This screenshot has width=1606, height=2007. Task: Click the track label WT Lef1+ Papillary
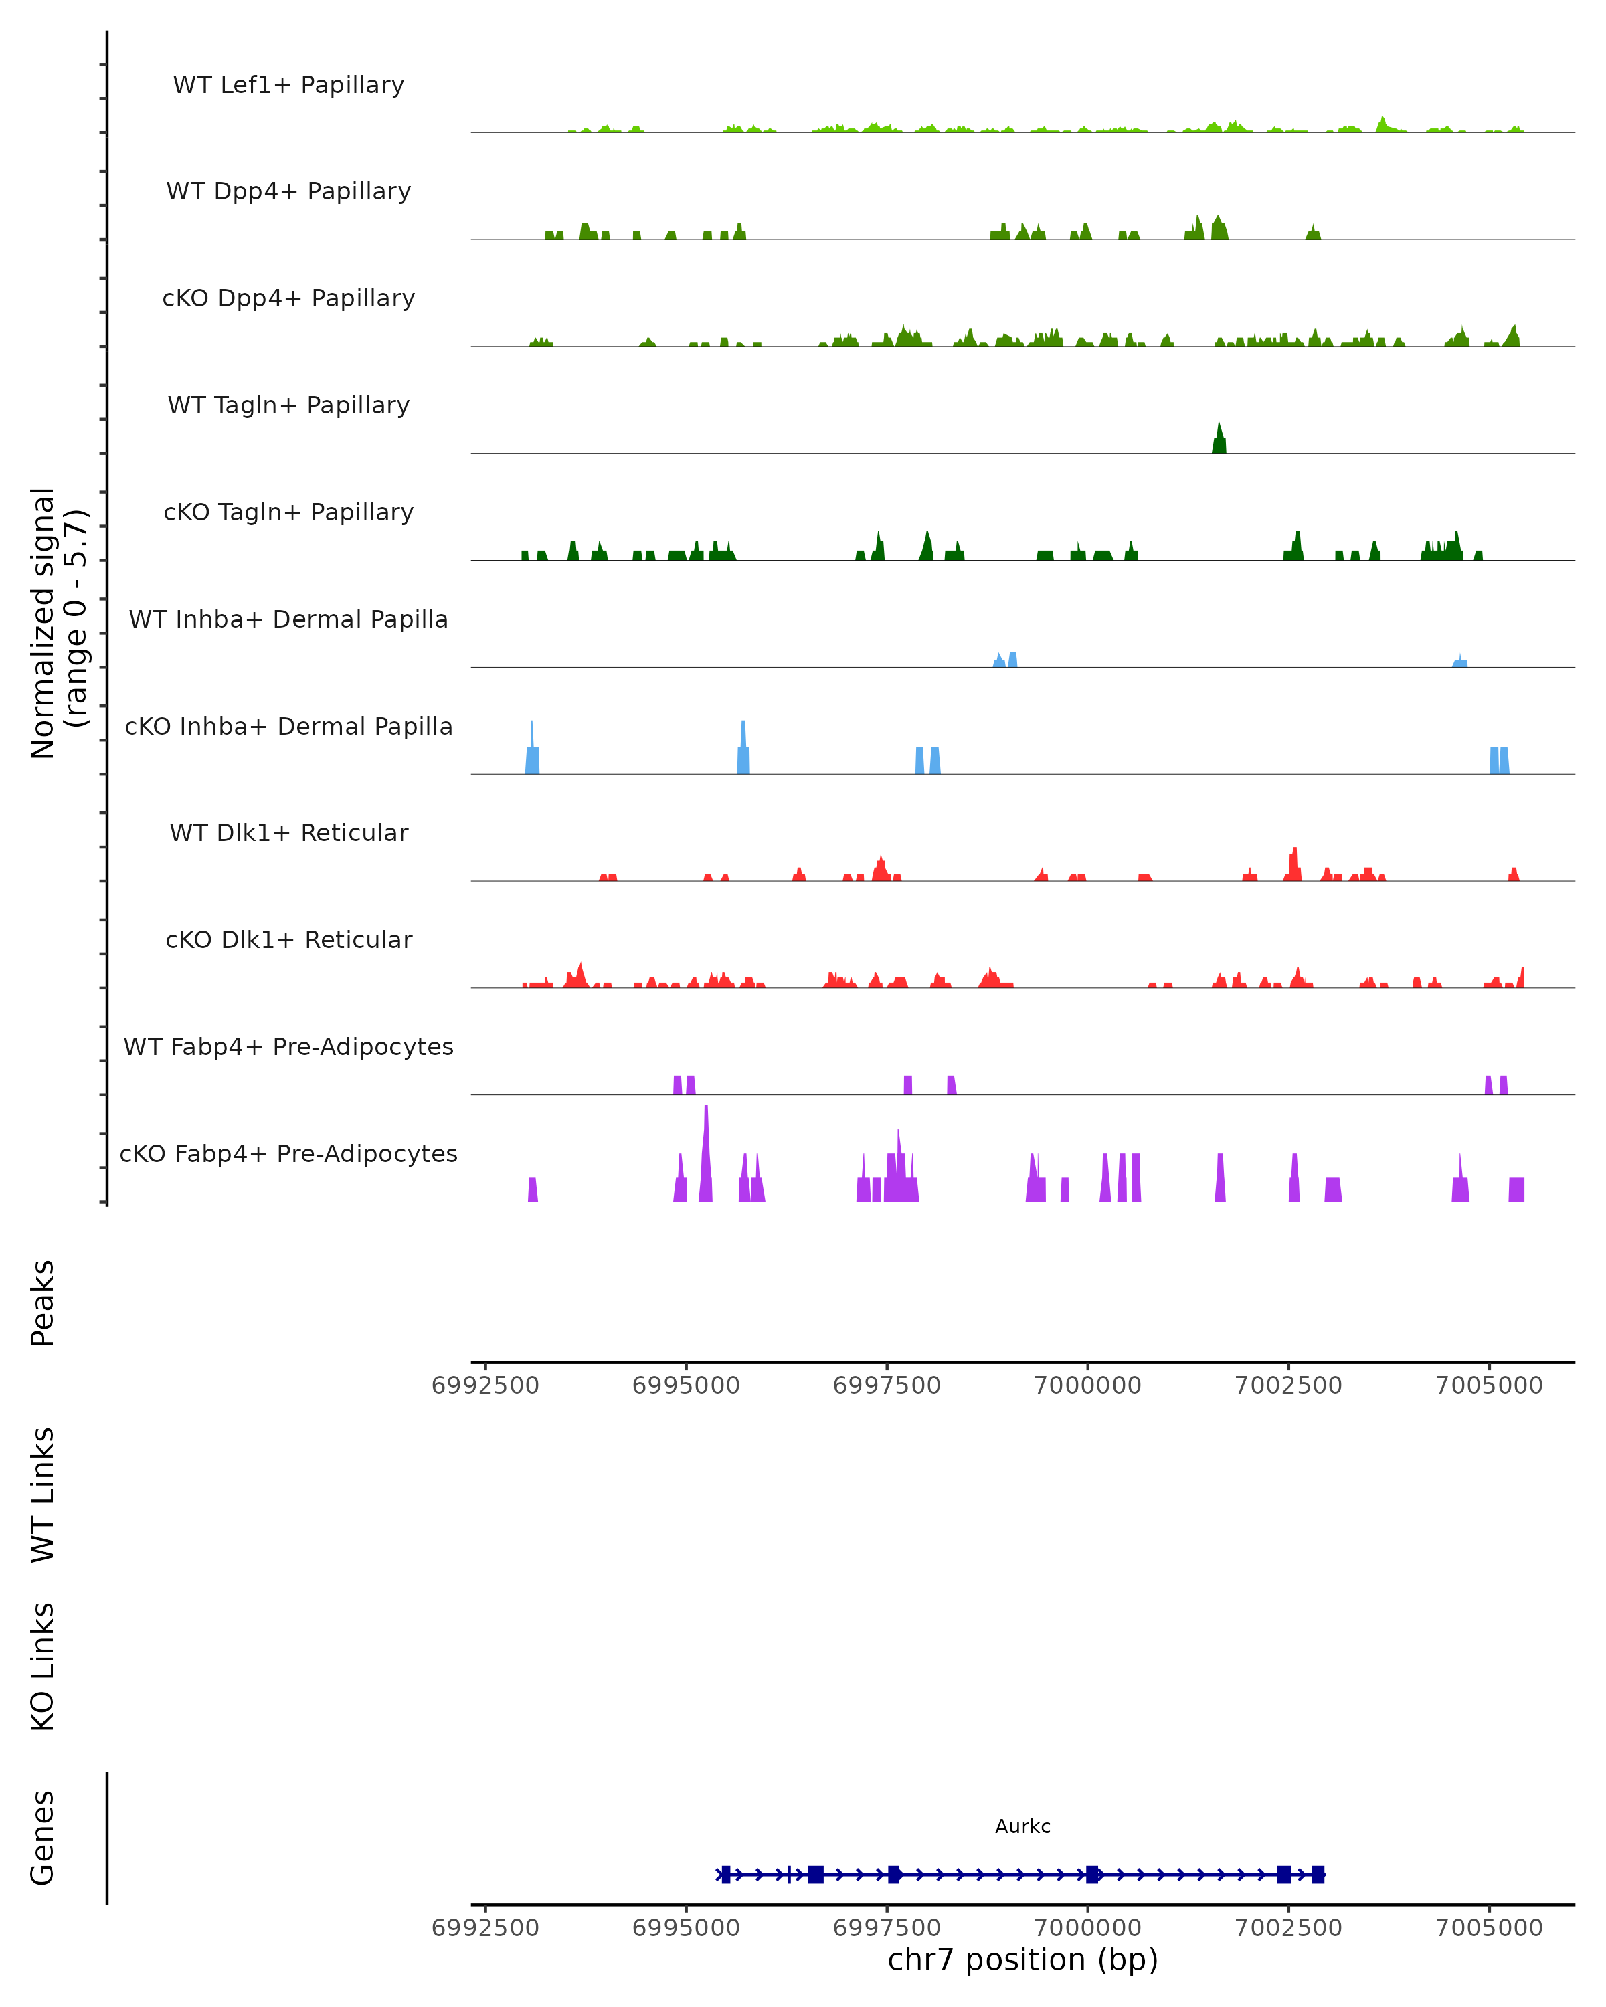tap(288, 85)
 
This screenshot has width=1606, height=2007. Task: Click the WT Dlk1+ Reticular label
tap(288, 832)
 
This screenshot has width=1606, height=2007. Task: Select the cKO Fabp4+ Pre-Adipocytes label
tap(288, 1153)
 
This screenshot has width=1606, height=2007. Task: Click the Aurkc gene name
tap(1022, 1826)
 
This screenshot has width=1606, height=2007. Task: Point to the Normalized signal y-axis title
tap(58, 623)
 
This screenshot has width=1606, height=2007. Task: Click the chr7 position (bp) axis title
tap(1022, 1960)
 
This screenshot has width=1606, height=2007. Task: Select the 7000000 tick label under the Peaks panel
tap(1087, 1385)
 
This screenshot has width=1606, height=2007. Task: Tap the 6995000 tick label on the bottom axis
tap(686, 1928)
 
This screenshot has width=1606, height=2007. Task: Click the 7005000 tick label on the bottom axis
tap(1489, 1928)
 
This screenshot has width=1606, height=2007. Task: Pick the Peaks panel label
tap(43, 1303)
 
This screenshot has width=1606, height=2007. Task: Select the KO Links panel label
tap(43, 1666)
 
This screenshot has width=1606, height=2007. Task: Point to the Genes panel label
tap(43, 1838)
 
